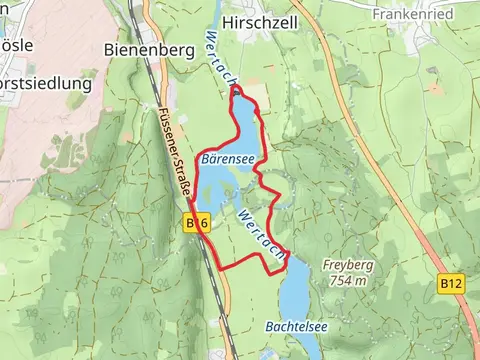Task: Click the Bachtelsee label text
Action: click(x=297, y=327)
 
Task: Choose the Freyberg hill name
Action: click(x=345, y=266)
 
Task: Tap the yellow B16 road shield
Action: click(x=196, y=223)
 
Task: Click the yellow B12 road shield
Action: click(x=452, y=285)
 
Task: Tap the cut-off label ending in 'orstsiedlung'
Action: click(x=45, y=83)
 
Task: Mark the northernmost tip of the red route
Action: click(x=236, y=89)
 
